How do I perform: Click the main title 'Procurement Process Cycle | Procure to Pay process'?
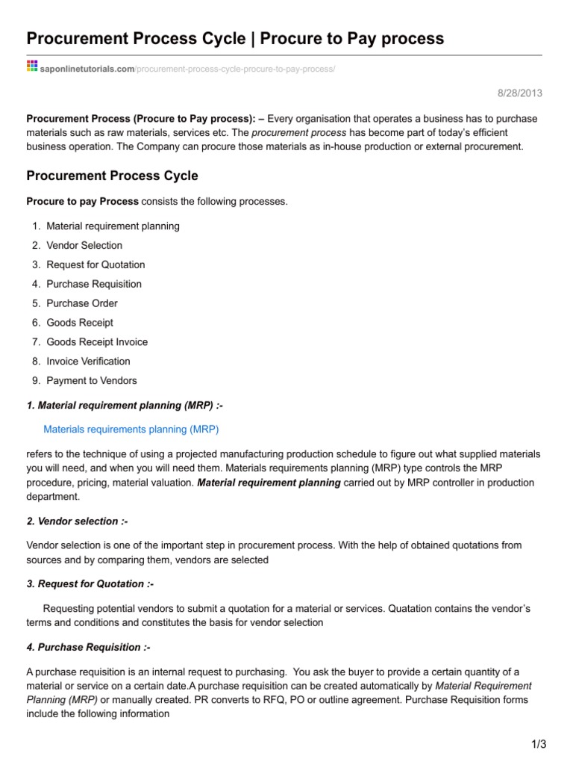tap(235, 38)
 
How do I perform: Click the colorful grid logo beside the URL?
tap(32, 67)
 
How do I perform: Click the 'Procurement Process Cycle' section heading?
tap(113, 176)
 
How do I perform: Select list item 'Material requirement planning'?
tap(113, 226)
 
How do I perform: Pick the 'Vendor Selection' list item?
tap(84, 245)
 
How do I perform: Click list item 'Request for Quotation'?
tap(95, 264)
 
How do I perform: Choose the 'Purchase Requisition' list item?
tap(94, 284)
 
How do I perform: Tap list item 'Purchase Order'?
tap(82, 303)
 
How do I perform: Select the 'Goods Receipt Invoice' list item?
tap(97, 342)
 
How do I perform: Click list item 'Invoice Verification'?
tap(88, 362)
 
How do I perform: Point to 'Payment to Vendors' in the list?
tap(92, 381)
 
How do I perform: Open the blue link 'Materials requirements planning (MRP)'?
tap(131, 430)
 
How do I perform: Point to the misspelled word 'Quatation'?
tap(411, 609)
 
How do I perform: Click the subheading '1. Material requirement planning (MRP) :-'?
tap(125, 405)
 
